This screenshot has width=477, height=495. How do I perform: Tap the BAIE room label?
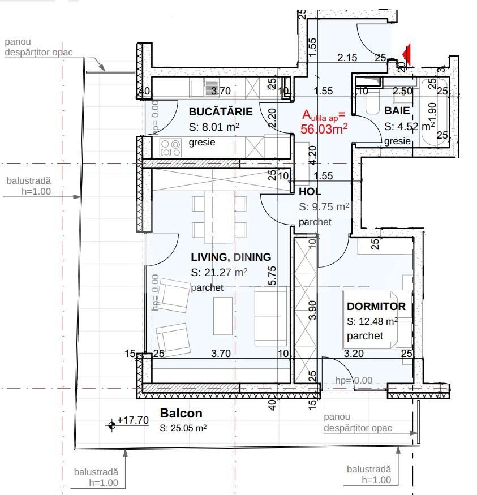click(x=397, y=111)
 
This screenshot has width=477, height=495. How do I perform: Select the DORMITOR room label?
click(x=376, y=307)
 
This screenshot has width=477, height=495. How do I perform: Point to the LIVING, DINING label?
click(x=231, y=257)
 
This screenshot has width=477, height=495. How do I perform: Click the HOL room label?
click(x=310, y=192)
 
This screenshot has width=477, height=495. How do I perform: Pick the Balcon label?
click(x=181, y=414)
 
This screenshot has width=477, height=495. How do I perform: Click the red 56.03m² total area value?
click(x=324, y=129)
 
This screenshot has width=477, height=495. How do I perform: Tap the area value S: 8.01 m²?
click(x=214, y=127)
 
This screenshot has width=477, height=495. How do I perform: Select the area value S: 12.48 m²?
click(x=372, y=321)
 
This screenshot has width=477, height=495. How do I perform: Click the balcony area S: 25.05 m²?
click(x=183, y=428)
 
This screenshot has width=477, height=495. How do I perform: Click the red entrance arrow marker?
click(x=406, y=54)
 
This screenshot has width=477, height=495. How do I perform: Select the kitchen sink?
click(x=197, y=88)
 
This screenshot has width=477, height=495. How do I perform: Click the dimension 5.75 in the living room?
click(x=272, y=276)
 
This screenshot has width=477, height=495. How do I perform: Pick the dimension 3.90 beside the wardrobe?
click(x=313, y=311)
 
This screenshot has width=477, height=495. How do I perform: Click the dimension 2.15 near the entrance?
click(x=347, y=57)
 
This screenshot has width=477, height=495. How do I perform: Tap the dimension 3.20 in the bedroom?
click(x=354, y=354)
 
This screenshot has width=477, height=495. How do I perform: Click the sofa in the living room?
click(x=270, y=316)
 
